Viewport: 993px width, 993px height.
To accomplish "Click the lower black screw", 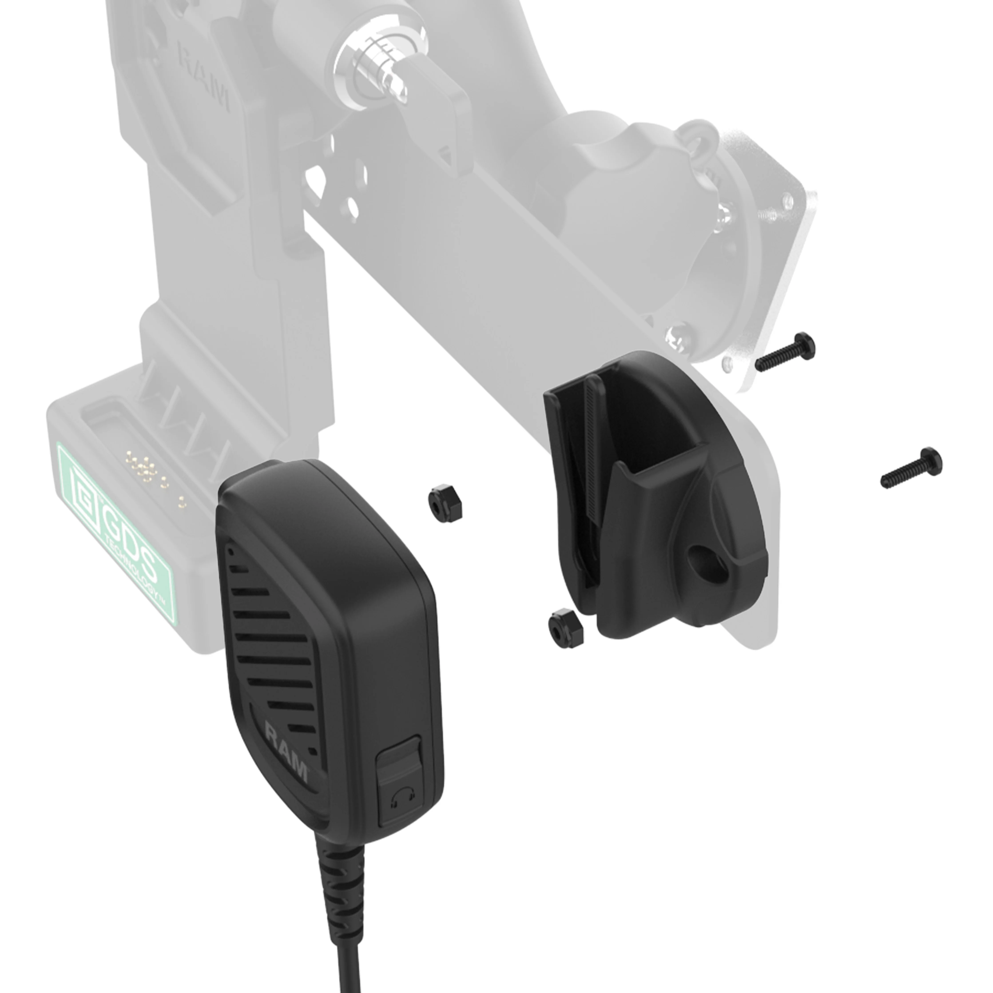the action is pyautogui.click(x=911, y=468).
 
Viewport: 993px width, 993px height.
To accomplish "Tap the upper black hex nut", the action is pyautogui.click(x=445, y=503).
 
